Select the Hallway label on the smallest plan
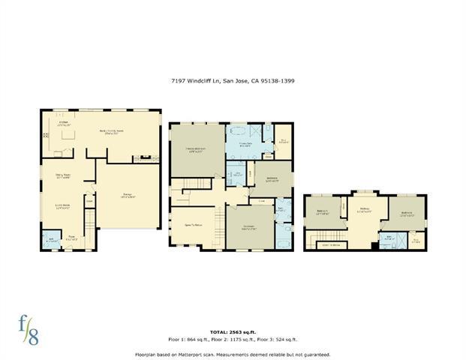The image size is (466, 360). click(x=365, y=211)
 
